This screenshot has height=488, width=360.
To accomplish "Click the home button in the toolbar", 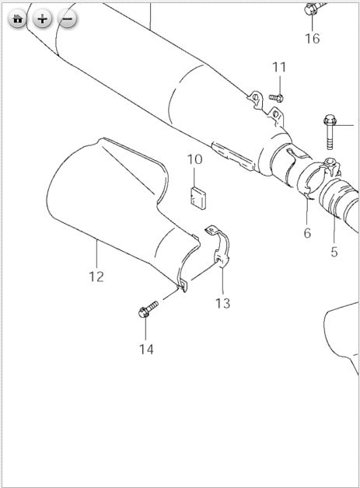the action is tap(17, 19).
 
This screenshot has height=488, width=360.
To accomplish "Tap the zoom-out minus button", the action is tap(68, 19).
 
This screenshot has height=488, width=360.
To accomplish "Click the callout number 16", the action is tap(312, 39).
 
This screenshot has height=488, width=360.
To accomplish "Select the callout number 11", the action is tap(279, 67).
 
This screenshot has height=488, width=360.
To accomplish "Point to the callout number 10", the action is tap(194, 159).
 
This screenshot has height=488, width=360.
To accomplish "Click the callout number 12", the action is tap(96, 277).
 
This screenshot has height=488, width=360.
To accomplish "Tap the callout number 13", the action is tap(223, 303).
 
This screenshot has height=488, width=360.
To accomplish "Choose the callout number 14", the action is tap(146, 349).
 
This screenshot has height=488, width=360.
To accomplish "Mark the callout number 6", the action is tap(307, 233).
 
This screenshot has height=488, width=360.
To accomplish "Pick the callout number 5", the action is tap(334, 252).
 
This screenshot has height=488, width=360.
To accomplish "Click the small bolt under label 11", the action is tap(276, 98).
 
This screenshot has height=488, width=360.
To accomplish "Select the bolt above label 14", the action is tap(148, 309).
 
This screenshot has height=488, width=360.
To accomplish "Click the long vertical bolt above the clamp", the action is tap(330, 131).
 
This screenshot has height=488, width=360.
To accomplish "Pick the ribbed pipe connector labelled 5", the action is tap(338, 199).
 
